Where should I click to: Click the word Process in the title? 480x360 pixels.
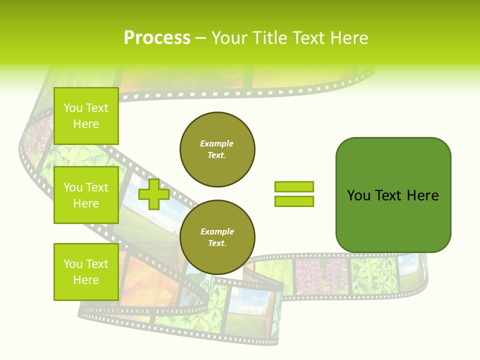(157, 37)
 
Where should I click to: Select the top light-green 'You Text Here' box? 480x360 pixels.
(86, 116)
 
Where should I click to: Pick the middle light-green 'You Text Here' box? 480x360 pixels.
(86, 195)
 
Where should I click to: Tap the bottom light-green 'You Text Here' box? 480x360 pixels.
(86, 271)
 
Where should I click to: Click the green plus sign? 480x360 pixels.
(154, 194)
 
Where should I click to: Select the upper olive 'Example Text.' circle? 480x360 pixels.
(217, 149)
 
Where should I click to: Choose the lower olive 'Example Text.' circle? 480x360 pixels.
(217, 237)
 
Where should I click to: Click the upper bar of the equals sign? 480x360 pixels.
(294, 187)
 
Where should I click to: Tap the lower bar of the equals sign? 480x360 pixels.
(294, 201)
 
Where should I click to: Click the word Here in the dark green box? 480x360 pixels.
(422, 195)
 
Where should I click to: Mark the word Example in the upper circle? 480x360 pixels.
(217, 143)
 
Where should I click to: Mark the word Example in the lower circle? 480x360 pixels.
(217, 231)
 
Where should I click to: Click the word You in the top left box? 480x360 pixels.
(73, 108)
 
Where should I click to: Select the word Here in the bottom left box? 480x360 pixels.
(86, 280)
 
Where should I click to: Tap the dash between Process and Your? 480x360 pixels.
(201, 38)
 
